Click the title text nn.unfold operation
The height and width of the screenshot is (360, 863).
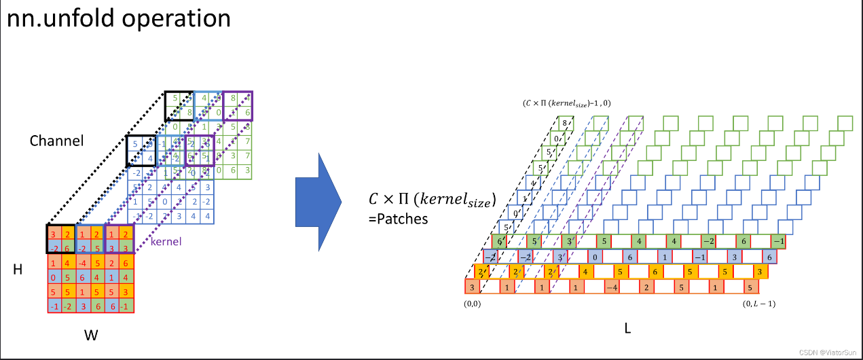pos(120,18)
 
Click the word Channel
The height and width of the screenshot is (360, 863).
pos(56,141)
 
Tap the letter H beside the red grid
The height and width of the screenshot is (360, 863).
pos(18,270)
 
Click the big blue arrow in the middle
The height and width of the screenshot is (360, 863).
pos(318,202)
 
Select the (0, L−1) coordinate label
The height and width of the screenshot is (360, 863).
pos(759,304)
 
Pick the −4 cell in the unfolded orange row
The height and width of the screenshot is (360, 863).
pos(611,287)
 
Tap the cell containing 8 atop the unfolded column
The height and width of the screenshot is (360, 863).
pos(564,124)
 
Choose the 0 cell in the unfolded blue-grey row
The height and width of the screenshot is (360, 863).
pos(594,257)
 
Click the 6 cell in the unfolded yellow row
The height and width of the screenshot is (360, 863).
pos(653,272)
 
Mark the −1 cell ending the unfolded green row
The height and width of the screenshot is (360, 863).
pos(778,241)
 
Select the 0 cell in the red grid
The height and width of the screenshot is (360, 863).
pos(54,277)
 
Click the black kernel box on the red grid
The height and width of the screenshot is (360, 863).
pos(61,239)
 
